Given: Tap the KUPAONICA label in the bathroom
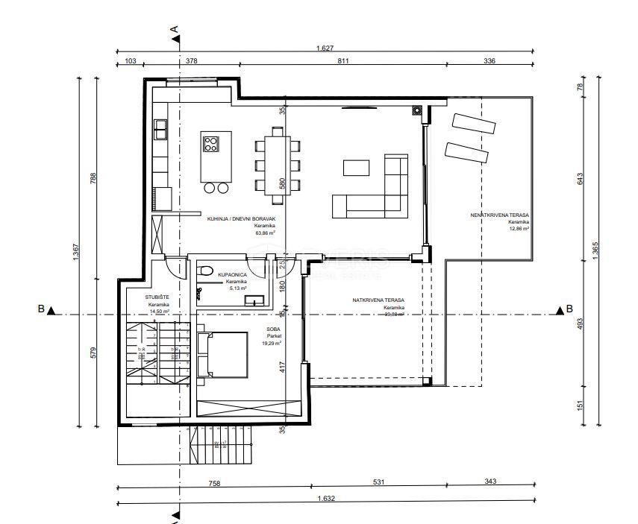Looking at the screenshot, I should [232, 275].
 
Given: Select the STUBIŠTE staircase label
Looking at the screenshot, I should [157, 297].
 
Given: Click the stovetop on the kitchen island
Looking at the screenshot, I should [212, 142].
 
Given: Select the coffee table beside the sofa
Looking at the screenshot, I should [356, 166].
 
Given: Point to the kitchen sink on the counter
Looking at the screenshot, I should [160, 130].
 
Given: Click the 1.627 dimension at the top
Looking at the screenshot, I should [325, 48].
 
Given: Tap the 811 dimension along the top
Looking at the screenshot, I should [343, 61].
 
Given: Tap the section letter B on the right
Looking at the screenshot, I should [569, 309].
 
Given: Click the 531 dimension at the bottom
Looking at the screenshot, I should [378, 482].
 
